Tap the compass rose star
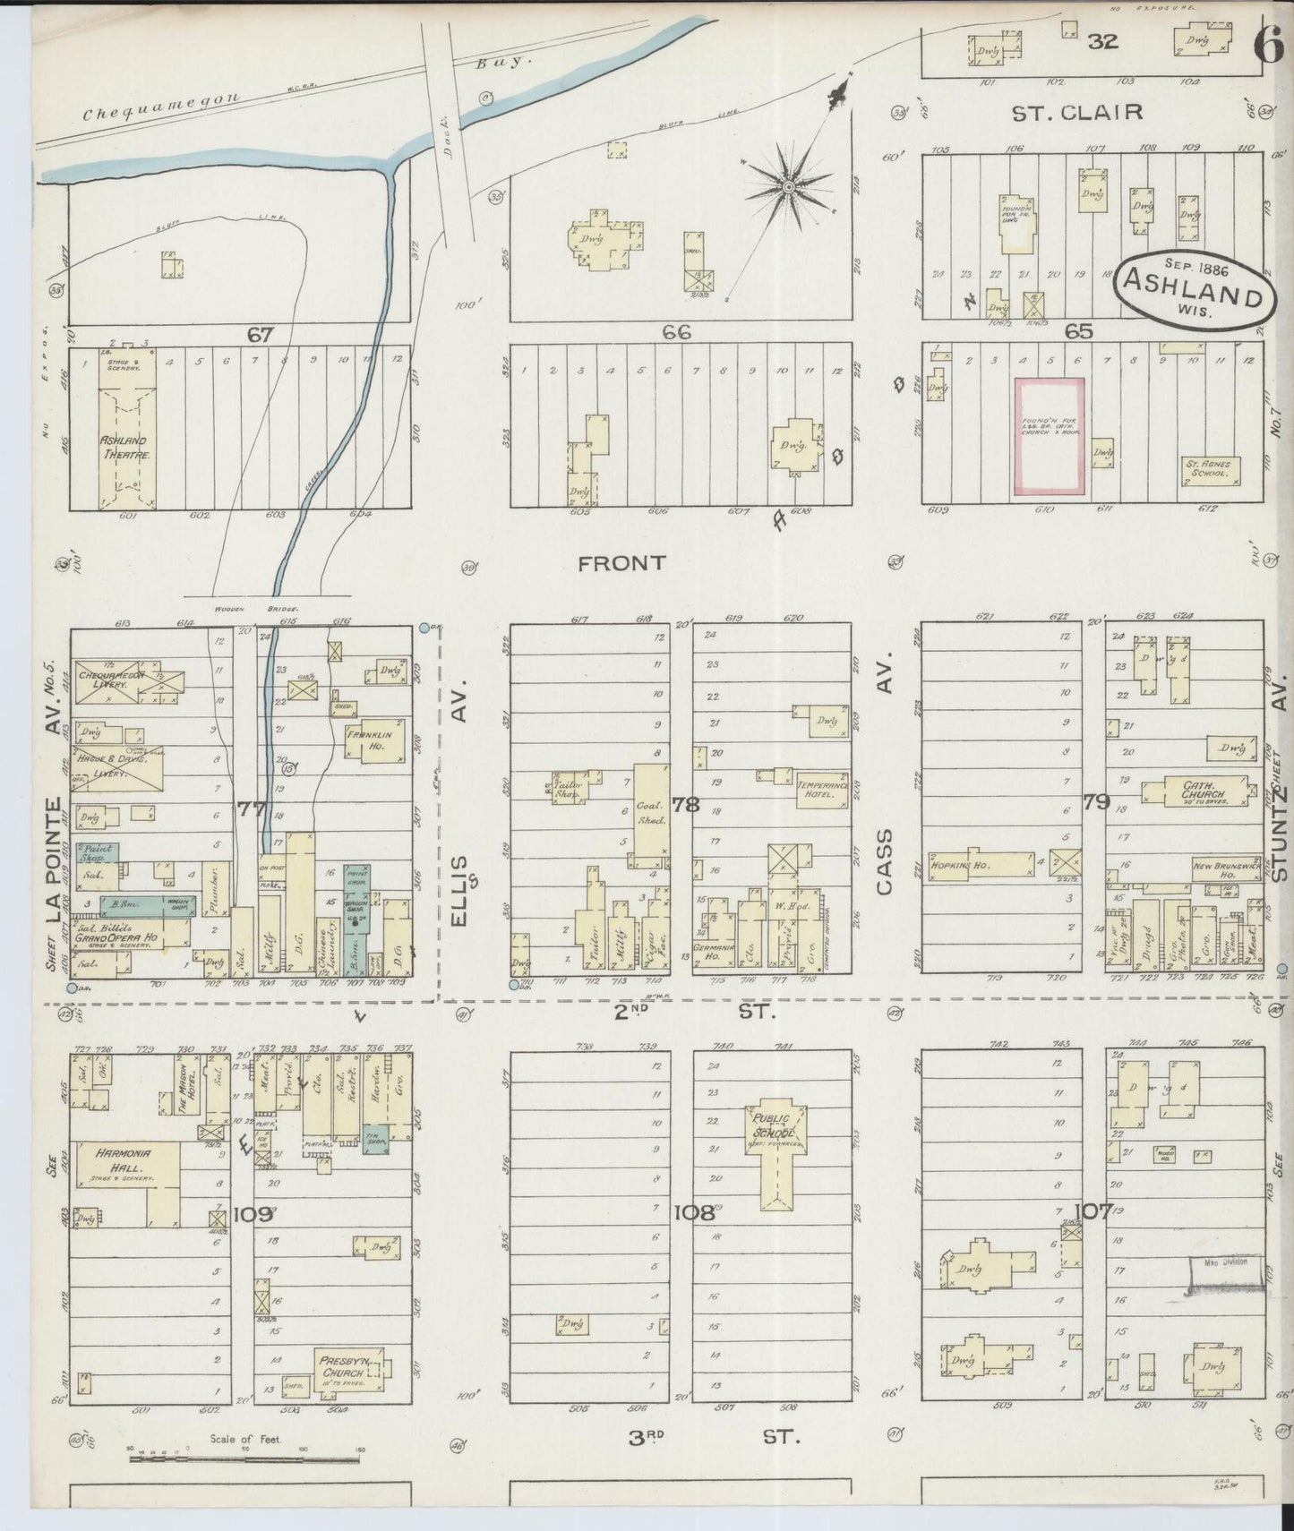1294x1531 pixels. [789, 187]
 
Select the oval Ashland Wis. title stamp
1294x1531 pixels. [1194, 287]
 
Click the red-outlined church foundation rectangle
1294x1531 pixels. [1049, 435]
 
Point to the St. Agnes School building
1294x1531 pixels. [1211, 471]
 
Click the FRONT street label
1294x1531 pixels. [621, 563]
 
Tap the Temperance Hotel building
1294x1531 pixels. [822, 789]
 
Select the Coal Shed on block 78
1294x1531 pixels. [652, 809]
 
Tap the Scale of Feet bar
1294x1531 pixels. [246, 1459]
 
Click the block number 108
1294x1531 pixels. [694, 1213]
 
